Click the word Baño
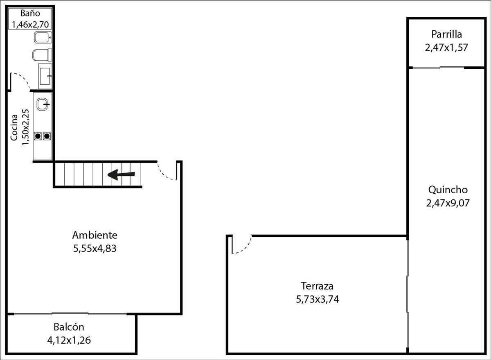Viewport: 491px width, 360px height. pos(30,13)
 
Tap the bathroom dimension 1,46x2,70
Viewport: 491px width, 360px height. pos(30,24)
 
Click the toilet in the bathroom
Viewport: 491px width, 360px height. pos(42,54)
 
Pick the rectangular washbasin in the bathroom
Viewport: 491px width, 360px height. pos(45,75)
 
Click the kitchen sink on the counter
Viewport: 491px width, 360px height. pos(43,104)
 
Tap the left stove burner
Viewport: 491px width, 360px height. pos(38,136)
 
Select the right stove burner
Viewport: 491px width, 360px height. pos(47,136)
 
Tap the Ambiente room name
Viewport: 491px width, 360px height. pos(95,235)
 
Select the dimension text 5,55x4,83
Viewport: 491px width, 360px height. pos(95,249)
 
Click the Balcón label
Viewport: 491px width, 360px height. pos(69,327)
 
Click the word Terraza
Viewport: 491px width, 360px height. pos(317,286)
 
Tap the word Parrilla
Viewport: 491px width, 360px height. pos(446,34)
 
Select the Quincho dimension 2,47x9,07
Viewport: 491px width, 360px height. pos(448,203)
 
